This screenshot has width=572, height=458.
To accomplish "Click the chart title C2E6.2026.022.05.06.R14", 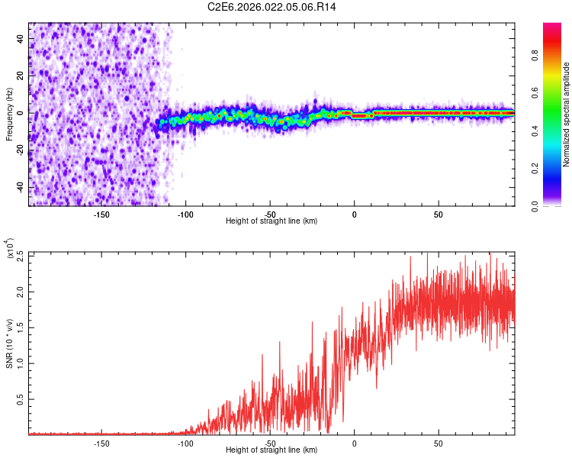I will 272,7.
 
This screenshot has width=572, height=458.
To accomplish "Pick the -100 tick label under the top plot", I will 185,214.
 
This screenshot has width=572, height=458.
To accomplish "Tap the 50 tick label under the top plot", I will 439,214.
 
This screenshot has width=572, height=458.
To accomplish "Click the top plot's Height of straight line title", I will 272,221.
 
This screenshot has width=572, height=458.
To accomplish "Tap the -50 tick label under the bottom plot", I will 269,443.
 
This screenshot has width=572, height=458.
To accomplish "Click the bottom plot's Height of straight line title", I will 272,450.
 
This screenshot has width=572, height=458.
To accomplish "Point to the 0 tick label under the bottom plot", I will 354,443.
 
